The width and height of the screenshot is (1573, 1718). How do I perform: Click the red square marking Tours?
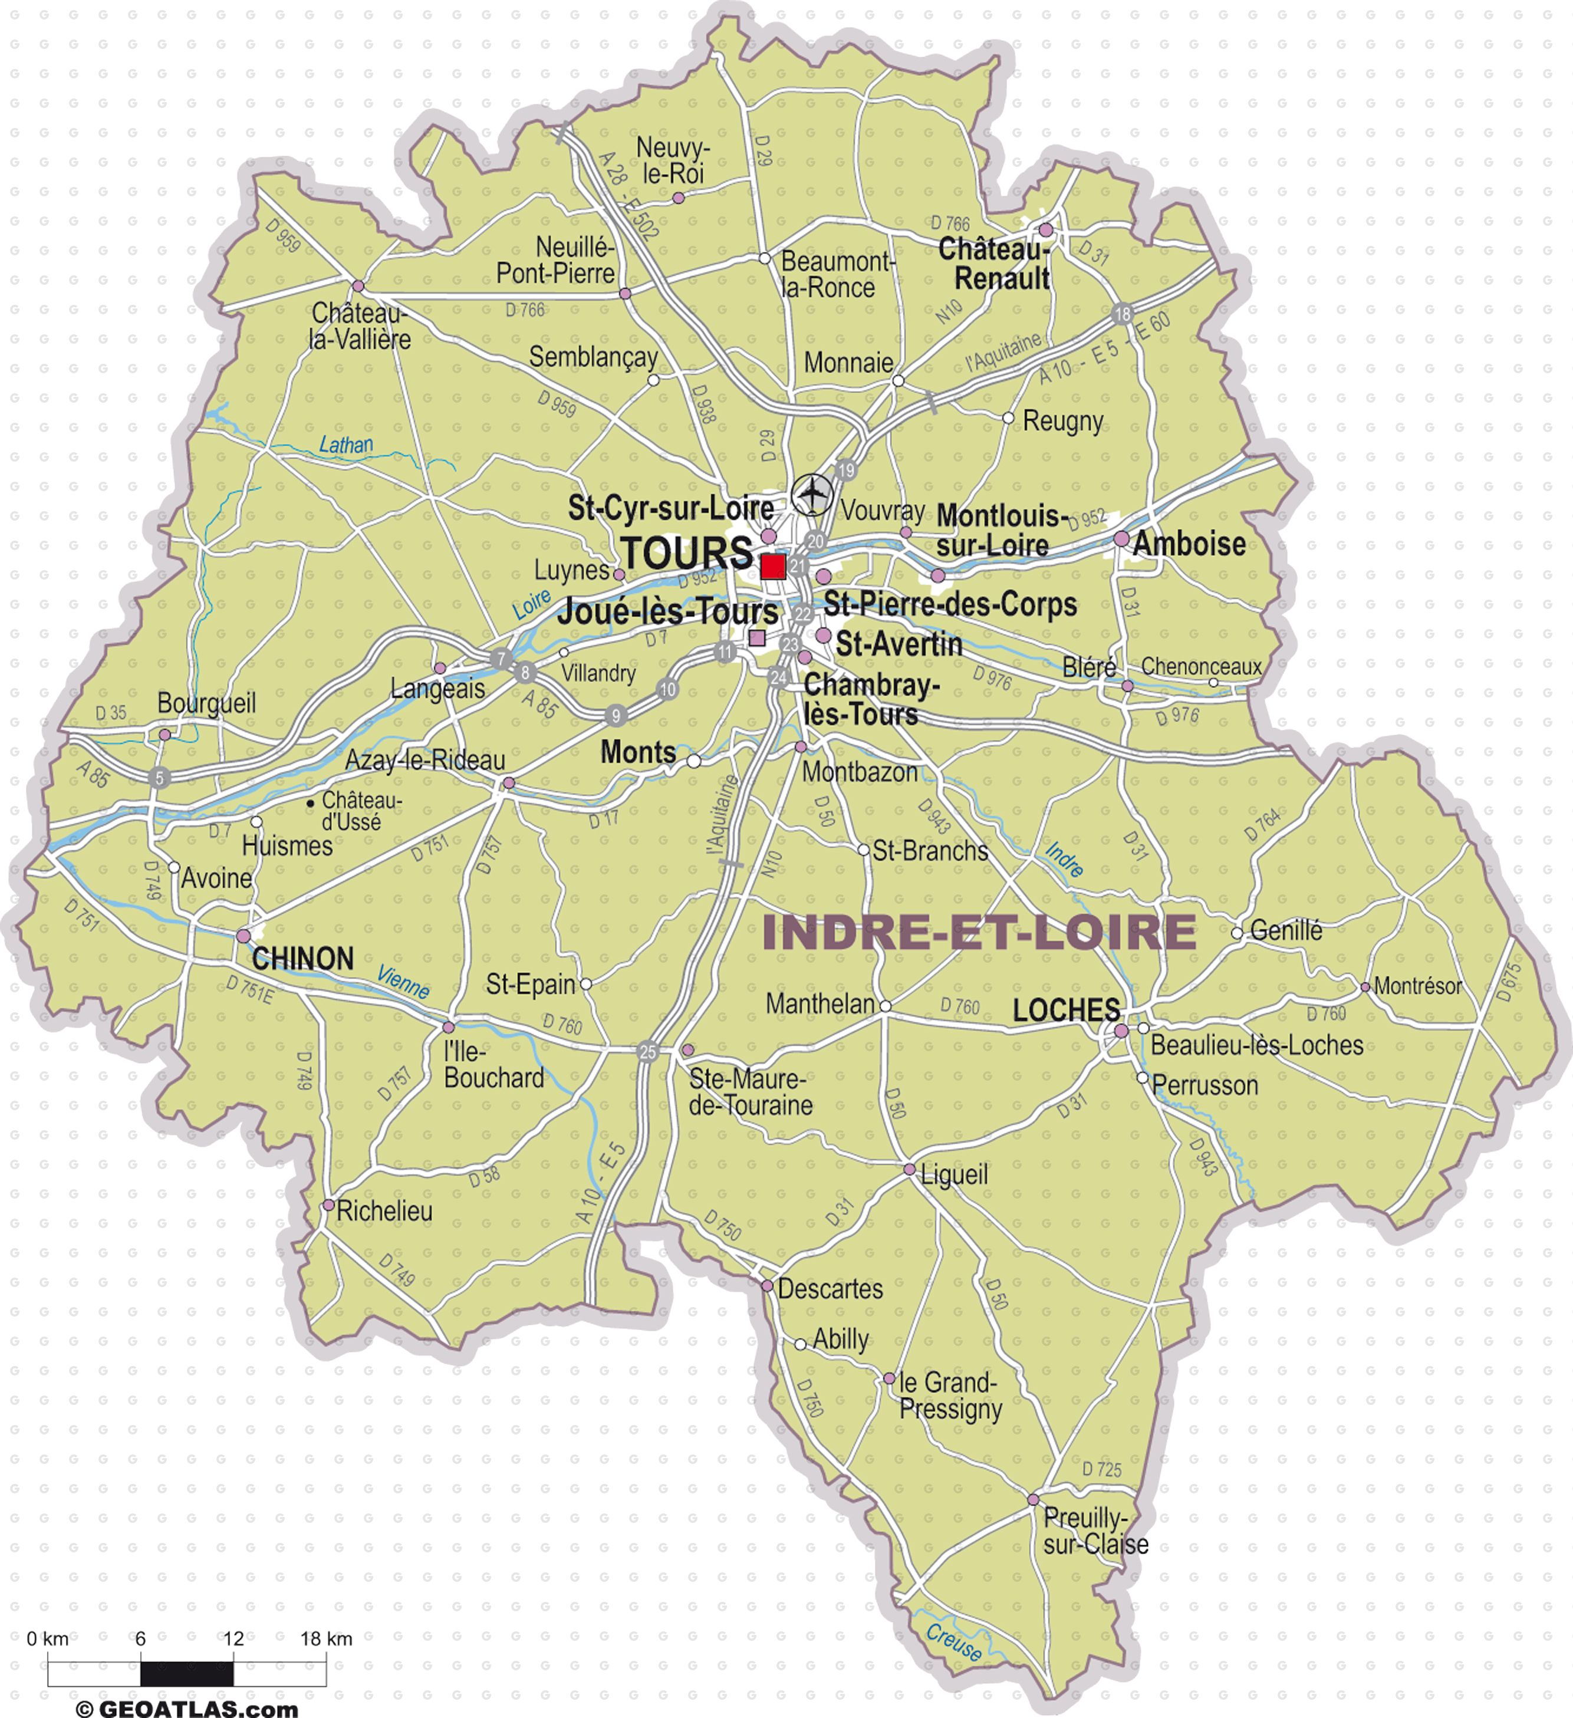point(773,567)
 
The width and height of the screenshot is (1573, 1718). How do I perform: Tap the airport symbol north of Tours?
point(813,493)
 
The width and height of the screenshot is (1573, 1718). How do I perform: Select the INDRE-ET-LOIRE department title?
point(979,932)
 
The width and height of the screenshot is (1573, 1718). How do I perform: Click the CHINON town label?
point(302,959)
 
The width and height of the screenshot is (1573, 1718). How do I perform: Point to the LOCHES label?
point(1066,1011)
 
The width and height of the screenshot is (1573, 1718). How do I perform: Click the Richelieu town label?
point(384,1211)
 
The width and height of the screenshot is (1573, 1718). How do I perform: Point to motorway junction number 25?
point(647,1052)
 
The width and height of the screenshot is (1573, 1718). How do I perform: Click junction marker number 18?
point(1122,314)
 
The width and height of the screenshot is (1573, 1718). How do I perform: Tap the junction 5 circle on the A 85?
point(159,777)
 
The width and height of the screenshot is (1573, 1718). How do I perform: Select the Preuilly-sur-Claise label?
point(1095,1531)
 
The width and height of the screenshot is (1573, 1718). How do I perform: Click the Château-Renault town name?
point(995,264)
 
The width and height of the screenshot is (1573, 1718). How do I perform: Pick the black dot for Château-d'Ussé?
point(310,803)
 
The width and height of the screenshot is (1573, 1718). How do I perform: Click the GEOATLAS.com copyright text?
point(187,1708)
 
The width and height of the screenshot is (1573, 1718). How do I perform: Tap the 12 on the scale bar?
point(233,1639)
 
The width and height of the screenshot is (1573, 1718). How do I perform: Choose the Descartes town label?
point(830,1289)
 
